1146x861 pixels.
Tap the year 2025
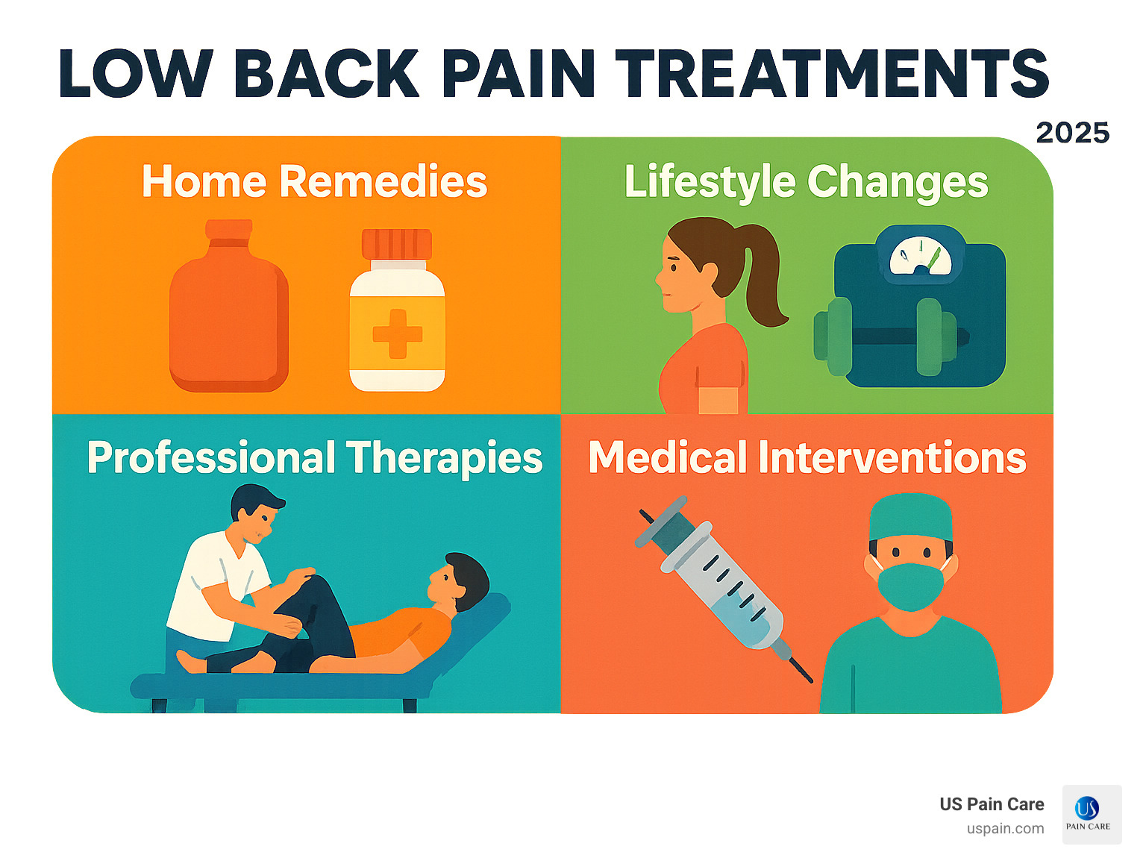click(1072, 133)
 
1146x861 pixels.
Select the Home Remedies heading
click(314, 181)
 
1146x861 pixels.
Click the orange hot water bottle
click(228, 313)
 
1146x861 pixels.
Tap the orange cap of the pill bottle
click(397, 244)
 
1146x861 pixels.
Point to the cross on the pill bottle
click(397, 334)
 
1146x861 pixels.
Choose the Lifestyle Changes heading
click(806, 182)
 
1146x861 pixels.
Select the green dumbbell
click(888, 336)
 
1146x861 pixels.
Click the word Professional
click(211, 457)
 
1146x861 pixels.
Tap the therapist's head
click(256, 511)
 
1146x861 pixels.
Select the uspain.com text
click(1005, 829)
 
